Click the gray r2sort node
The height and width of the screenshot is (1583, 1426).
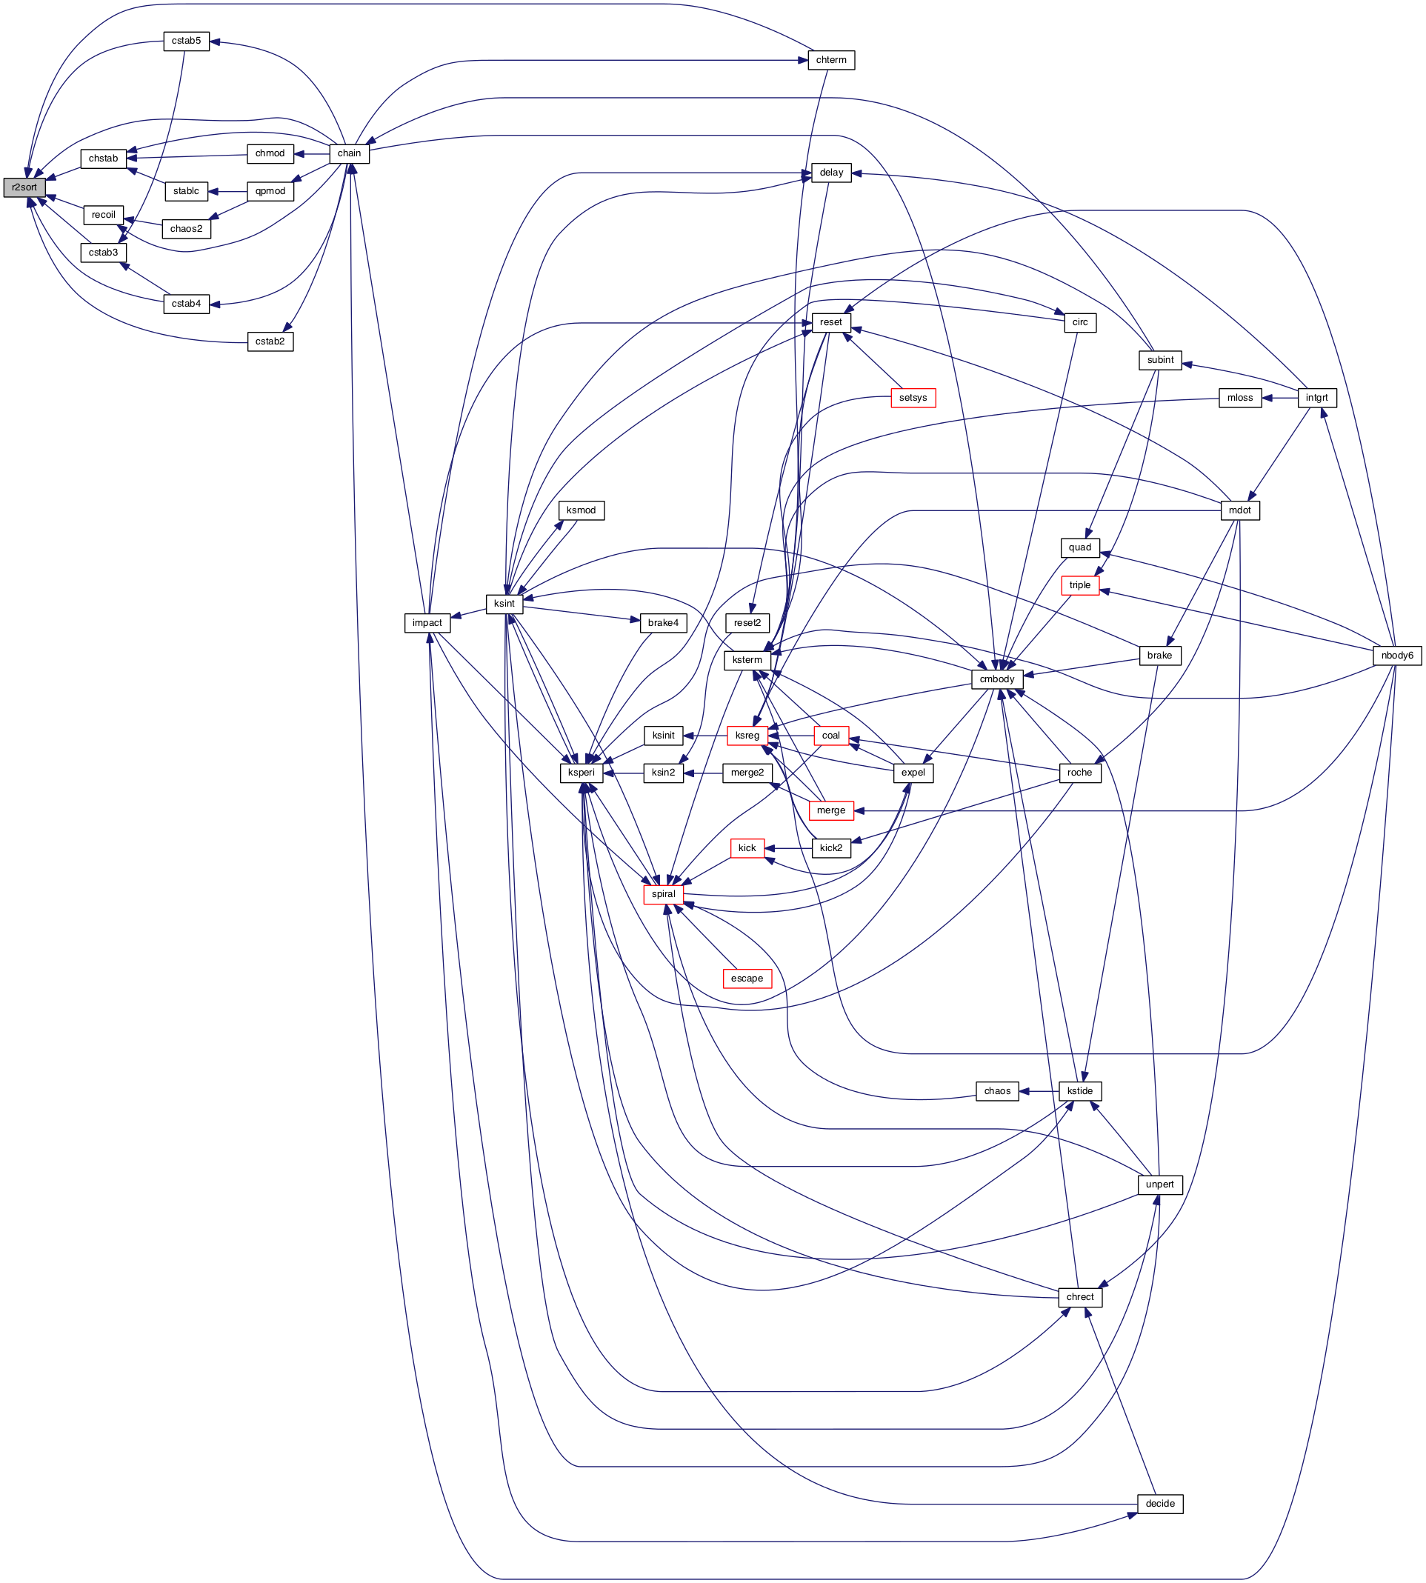[24, 187]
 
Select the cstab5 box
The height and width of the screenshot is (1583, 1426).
[187, 41]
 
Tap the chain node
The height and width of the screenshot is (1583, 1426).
[349, 153]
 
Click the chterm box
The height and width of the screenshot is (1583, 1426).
[830, 60]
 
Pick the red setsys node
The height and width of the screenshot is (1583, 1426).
[913, 398]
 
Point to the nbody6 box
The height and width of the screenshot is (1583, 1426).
[1397, 655]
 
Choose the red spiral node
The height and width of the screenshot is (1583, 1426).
[663, 894]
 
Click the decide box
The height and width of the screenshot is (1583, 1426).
[1159, 1504]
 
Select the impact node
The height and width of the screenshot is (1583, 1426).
[427, 623]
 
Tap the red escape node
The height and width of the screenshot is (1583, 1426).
[747, 979]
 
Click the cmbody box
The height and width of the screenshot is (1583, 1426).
[996, 679]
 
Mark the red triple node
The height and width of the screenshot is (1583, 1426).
[1080, 585]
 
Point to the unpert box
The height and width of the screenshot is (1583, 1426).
[1159, 1184]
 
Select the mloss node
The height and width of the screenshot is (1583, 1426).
[1239, 398]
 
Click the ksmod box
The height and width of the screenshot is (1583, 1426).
[581, 510]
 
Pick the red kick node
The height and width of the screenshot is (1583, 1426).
[747, 848]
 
